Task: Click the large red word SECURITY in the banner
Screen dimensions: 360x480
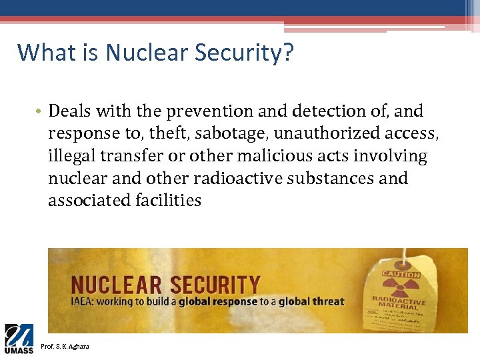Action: [214, 285]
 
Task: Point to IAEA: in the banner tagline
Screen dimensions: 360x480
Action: [86, 301]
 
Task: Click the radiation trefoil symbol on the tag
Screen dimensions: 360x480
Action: [401, 287]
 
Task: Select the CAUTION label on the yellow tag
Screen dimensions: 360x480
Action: [401, 274]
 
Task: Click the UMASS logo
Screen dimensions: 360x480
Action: [19, 339]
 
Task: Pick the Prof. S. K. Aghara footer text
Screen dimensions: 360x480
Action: [65, 346]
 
